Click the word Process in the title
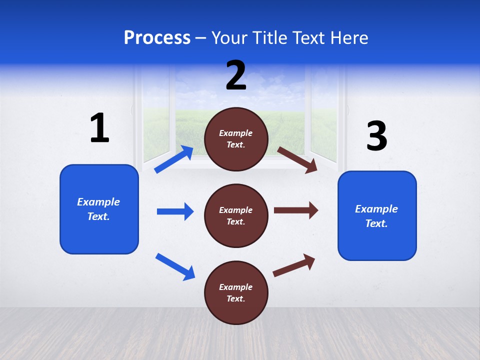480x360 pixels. (157, 38)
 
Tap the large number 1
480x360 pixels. (99, 128)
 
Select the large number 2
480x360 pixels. (236, 75)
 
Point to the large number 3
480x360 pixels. (376, 136)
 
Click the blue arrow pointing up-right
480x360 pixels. (174, 159)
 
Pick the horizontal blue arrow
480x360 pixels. (175, 211)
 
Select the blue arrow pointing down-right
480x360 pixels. (175, 266)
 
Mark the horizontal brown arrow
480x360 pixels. (296, 210)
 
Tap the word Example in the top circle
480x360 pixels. (235, 133)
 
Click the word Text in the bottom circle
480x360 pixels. (234, 298)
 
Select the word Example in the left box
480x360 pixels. (98, 202)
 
